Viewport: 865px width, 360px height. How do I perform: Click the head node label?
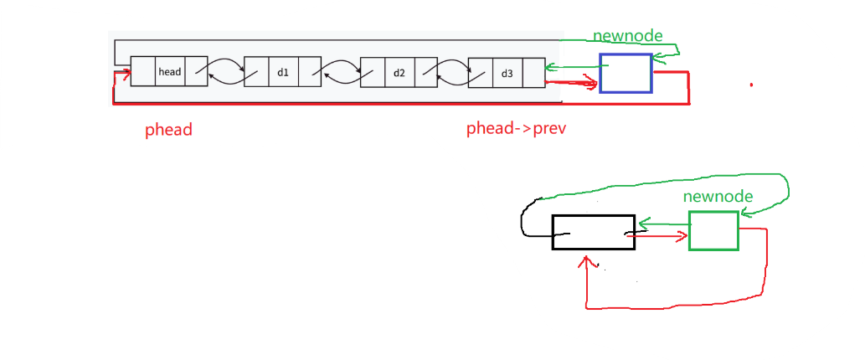click(169, 72)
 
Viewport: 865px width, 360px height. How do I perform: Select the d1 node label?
click(283, 72)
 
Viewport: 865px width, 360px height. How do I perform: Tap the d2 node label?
click(399, 72)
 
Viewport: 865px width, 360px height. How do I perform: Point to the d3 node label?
click(507, 73)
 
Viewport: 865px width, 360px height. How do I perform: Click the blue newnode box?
click(626, 73)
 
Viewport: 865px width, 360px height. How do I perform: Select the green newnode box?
click(713, 230)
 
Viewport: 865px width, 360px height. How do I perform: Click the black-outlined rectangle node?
click(593, 232)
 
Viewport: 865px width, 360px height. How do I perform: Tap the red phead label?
click(168, 130)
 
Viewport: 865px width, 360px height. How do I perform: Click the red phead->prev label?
click(519, 130)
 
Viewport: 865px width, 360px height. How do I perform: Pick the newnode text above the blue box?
click(628, 37)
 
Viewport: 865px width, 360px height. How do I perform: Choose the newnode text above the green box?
click(718, 197)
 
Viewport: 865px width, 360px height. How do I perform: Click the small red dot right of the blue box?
click(751, 85)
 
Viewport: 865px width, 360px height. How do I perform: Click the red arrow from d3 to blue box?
click(573, 82)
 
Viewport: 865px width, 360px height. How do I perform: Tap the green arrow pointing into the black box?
click(662, 224)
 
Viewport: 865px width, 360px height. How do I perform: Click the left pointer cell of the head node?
click(142, 72)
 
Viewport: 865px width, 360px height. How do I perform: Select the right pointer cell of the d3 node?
click(534, 73)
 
